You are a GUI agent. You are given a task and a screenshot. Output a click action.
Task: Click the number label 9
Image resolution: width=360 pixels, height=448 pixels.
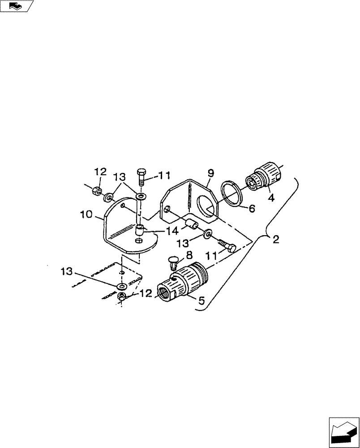[x=210, y=173]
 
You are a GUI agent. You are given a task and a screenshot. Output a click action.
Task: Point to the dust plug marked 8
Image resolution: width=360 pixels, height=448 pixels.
[x=173, y=261]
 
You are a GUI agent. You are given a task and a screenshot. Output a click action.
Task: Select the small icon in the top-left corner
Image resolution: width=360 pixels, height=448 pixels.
[x=16, y=6]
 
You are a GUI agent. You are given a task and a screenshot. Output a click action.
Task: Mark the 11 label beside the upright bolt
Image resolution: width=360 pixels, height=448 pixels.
[x=153, y=176]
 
